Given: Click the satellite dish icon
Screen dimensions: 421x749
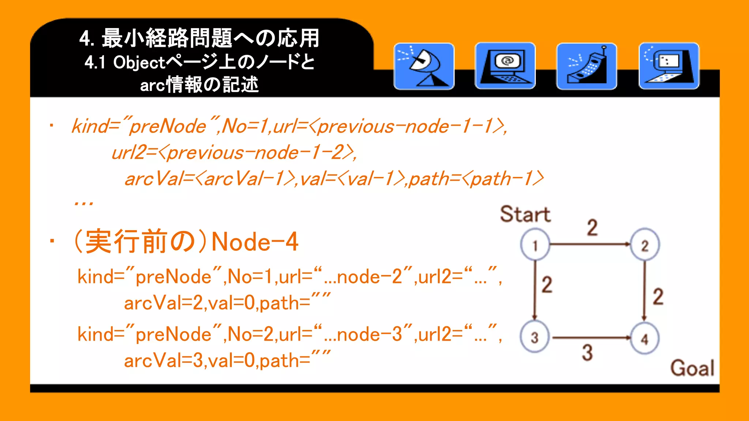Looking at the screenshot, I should pos(424,66).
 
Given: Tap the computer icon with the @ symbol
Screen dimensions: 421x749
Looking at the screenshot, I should pos(505,66).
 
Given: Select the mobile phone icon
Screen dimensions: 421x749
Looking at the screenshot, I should pos(587,66).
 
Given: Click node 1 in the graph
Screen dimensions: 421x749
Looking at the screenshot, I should pos(535,245).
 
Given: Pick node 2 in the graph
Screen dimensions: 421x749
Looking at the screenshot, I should pos(645,245).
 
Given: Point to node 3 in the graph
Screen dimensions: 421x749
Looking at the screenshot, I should pos(535,337).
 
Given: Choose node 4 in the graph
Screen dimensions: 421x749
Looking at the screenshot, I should pos(644,338).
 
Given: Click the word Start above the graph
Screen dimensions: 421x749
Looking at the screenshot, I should pos(525,214).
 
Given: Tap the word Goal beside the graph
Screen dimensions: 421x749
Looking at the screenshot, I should pos(692,368).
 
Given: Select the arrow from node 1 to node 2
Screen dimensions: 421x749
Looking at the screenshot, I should pos(590,244).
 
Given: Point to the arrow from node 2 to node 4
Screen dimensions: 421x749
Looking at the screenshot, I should pos(644,291).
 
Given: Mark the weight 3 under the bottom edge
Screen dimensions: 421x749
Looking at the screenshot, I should pos(587,353).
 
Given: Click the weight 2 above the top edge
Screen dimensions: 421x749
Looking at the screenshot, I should pos(592,227).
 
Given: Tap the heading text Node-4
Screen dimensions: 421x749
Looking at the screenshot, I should pos(255,242).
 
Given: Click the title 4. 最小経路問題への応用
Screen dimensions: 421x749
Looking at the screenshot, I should pos(199,38).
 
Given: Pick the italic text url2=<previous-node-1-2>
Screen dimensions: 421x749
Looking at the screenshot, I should pos(234,152).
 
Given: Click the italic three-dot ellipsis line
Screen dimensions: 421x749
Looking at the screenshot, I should pos(84,203).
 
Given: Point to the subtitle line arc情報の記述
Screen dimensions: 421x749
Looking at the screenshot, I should pos(199,85).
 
